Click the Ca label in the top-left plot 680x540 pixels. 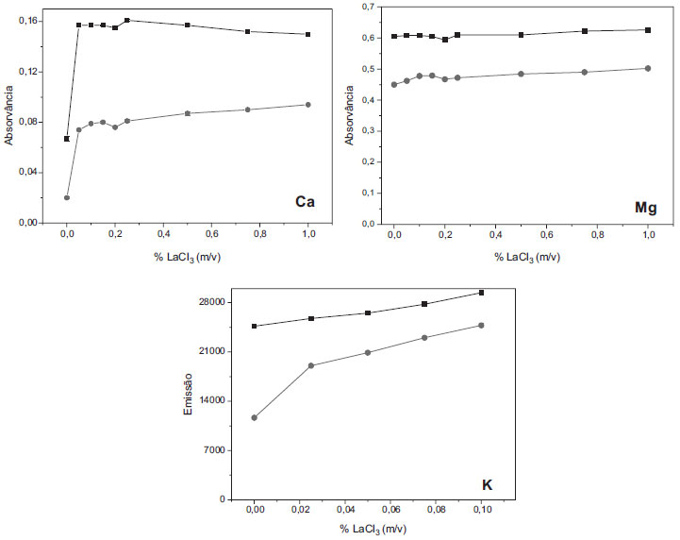(306, 201)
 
